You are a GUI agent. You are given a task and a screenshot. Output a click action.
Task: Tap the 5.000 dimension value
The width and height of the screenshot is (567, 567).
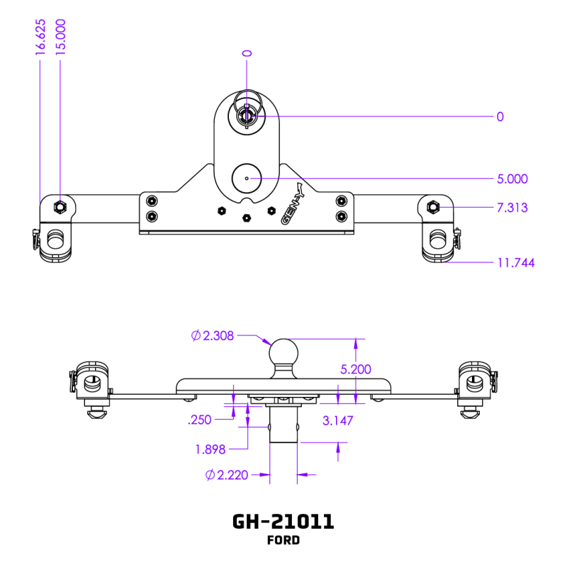tap(512, 179)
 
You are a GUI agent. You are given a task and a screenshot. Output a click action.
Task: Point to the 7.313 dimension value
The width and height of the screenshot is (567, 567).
tap(512, 208)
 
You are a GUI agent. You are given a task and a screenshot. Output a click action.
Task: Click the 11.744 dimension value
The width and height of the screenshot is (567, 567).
tap(515, 263)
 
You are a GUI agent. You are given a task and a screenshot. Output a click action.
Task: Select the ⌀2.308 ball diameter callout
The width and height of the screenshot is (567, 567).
tap(213, 336)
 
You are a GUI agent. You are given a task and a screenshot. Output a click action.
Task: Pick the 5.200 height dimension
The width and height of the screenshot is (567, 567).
tap(356, 369)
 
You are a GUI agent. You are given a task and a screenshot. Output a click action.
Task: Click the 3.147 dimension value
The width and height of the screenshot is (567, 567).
tap(338, 420)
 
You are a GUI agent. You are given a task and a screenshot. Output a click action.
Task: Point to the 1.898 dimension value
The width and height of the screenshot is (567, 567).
tap(211, 448)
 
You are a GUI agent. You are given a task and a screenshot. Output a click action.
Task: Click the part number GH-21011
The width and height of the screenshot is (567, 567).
tap(283, 522)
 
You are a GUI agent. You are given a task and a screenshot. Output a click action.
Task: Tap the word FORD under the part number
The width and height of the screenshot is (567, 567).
tap(283, 541)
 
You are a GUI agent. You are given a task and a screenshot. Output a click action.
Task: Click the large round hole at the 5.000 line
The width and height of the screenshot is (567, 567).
tap(247, 179)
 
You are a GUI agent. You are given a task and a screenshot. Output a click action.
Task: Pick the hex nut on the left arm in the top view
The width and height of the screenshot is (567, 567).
tap(60, 207)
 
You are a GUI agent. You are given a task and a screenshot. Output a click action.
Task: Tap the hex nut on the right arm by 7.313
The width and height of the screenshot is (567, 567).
tap(434, 207)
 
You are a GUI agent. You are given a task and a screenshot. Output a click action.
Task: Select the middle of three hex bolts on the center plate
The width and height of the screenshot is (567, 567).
tap(247, 218)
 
